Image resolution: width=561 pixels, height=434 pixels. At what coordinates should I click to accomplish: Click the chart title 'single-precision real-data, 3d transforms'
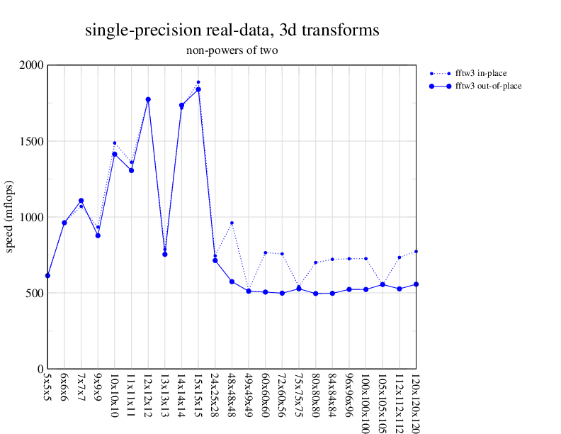coord(232,30)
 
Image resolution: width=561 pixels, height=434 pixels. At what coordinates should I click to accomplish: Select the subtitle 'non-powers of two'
coord(232,50)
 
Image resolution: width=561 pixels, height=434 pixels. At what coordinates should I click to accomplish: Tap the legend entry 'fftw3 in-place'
coord(481,73)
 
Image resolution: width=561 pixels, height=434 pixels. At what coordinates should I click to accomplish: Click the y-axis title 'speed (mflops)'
coord(11,217)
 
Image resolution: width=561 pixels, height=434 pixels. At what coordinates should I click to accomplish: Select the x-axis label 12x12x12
coord(148,398)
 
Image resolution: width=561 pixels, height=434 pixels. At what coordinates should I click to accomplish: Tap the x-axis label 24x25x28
coord(215,398)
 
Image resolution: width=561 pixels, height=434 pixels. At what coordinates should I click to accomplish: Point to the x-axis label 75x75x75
coord(299,398)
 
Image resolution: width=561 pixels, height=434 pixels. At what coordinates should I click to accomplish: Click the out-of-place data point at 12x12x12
coord(148,99)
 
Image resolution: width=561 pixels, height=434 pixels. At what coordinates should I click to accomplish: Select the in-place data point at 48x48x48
coord(232,223)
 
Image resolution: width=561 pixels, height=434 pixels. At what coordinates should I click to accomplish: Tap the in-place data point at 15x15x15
coord(198,82)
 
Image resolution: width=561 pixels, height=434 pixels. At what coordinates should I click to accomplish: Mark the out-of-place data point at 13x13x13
coord(165,254)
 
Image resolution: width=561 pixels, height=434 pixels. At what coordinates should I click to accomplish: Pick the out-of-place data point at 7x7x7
coord(81,201)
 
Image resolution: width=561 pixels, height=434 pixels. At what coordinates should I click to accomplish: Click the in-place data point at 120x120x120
coord(416,252)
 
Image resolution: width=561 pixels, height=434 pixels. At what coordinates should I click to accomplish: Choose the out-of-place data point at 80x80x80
coord(315,294)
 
